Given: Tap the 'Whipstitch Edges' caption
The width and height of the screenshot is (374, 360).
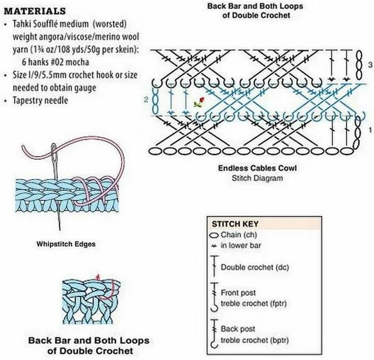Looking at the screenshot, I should tap(66, 244).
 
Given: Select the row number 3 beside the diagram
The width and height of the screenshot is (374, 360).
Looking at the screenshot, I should tap(370, 65).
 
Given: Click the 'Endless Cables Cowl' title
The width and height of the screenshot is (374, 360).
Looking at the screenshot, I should tap(257, 168).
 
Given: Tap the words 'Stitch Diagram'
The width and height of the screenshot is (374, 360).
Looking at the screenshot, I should tap(257, 178).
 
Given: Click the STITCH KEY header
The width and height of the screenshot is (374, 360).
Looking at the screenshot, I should tap(235, 223).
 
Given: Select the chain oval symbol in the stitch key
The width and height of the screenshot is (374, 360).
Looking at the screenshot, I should tap(213, 235).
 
